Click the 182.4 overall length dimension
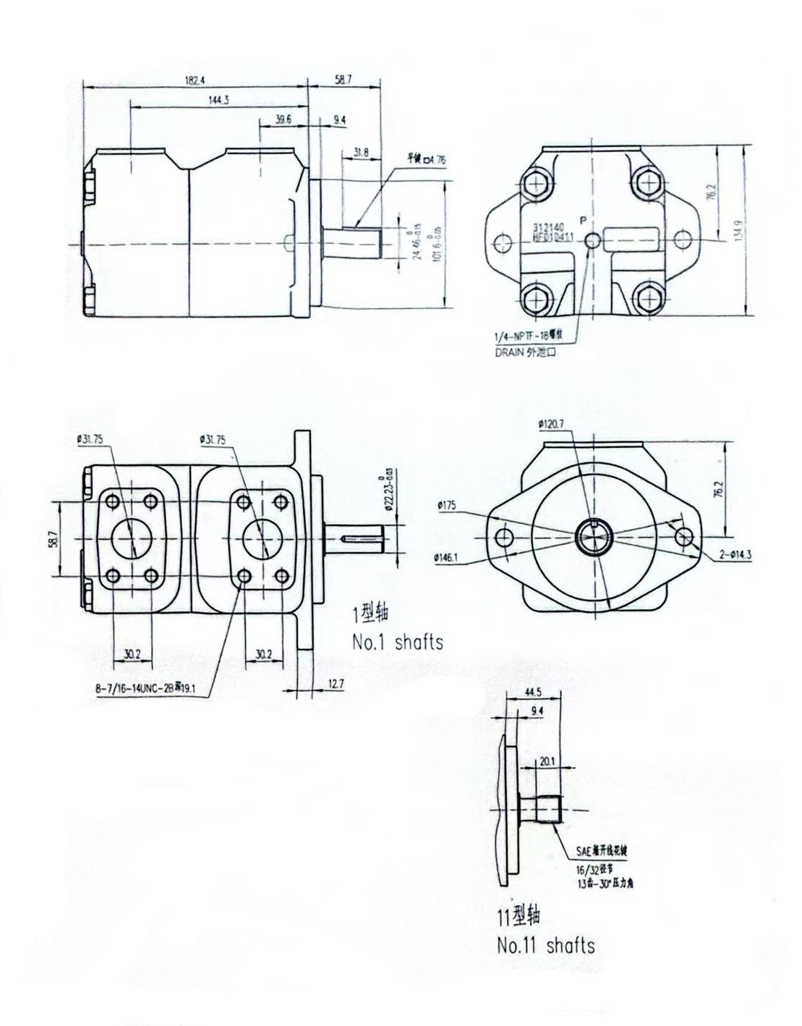tap(194, 80)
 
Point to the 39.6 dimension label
tap(283, 119)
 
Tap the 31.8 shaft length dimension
tap(361, 152)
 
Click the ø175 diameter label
tap(446, 506)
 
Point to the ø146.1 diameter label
tap(449, 557)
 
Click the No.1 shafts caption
tap(397, 641)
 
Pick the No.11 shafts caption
tap(545, 945)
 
